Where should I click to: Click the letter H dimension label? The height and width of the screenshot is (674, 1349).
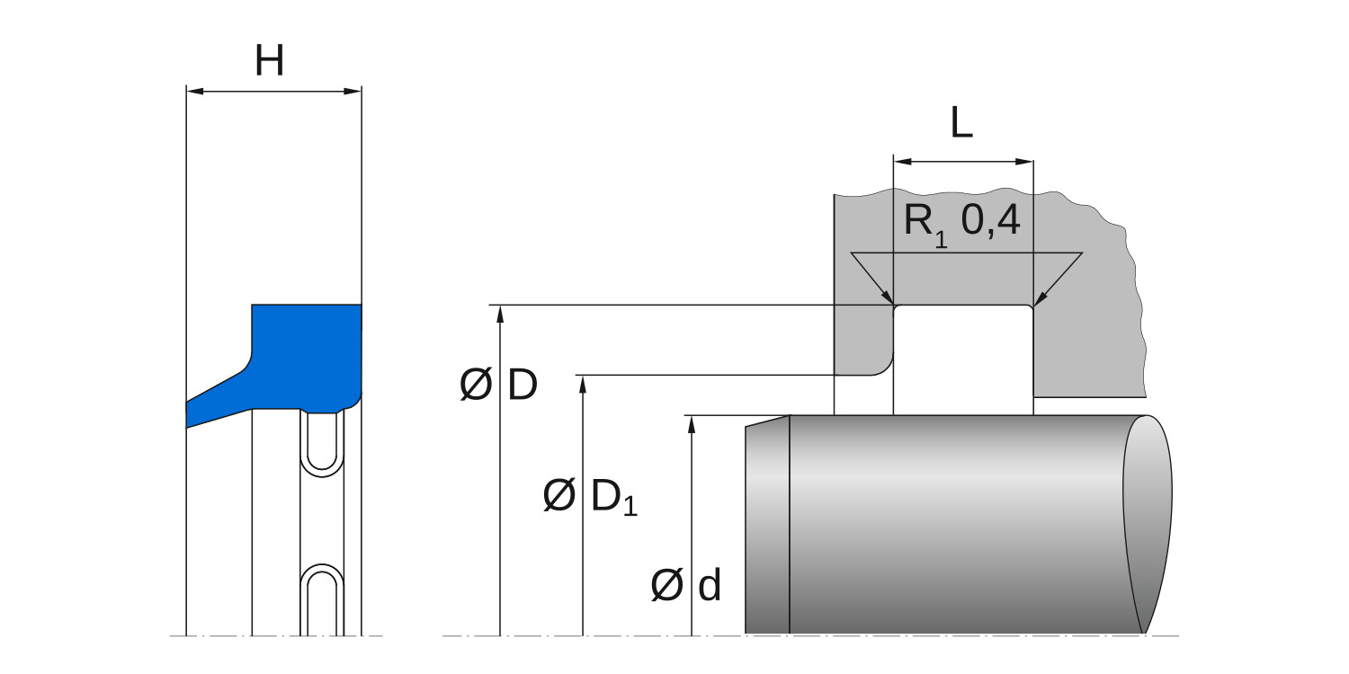click(x=269, y=61)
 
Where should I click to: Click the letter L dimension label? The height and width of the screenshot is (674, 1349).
click(x=961, y=123)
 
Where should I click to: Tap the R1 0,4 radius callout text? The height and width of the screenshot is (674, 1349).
click(x=961, y=223)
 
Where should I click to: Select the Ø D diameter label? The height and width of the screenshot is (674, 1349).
click(x=498, y=384)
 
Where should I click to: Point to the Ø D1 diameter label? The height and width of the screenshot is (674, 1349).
click(x=590, y=497)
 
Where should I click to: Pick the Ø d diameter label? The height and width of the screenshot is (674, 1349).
click(x=685, y=585)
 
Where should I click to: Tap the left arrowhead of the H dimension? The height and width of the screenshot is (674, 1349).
click(x=195, y=92)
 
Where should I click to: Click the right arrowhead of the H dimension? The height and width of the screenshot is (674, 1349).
click(x=353, y=92)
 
